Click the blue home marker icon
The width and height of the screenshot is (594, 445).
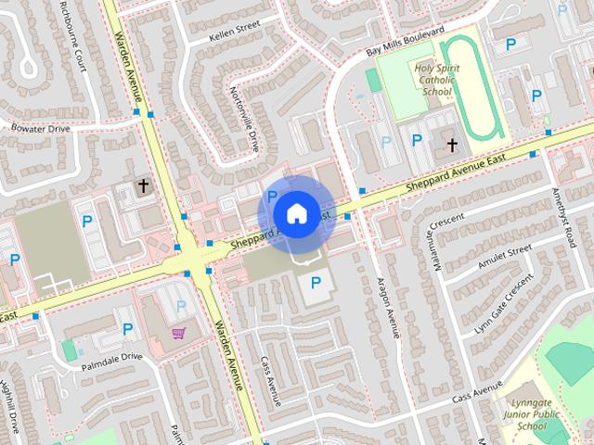(295, 213)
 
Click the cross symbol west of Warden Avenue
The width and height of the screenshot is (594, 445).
(143, 186)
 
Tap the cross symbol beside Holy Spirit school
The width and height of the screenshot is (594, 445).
(452, 145)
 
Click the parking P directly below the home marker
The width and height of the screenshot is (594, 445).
(316, 282)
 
